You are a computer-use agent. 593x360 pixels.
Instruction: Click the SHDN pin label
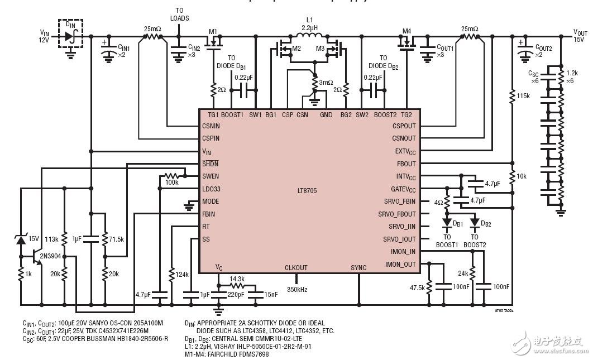point(211,164)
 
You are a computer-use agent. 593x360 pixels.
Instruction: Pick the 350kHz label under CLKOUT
point(296,290)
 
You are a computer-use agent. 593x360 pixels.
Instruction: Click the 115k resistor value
point(523,96)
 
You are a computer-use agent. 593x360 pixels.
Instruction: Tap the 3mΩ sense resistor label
point(326,83)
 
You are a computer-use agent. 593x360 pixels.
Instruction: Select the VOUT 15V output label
point(580,36)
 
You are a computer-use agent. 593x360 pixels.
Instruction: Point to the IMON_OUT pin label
point(400,264)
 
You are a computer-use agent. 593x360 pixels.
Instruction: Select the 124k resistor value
point(182,274)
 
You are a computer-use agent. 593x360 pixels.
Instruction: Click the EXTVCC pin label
point(404,151)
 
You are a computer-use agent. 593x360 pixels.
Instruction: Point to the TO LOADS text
point(179,14)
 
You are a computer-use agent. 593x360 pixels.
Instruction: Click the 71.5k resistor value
point(117,239)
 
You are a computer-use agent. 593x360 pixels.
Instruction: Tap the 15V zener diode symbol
point(21,239)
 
